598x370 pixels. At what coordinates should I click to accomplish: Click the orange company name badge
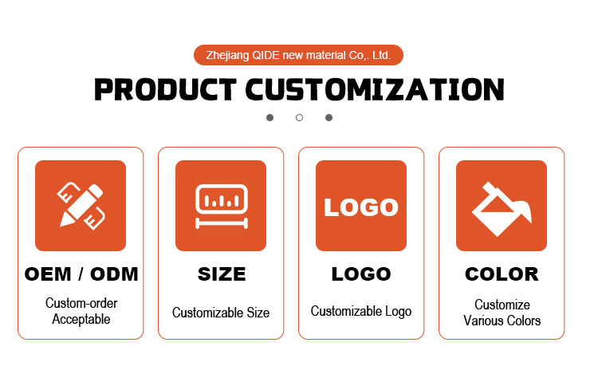[298, 55]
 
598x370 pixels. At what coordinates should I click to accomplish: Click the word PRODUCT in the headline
[165, 89]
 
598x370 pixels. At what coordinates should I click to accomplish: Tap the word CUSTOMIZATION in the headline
[375, 89]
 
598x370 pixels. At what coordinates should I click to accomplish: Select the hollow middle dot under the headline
[299, 117]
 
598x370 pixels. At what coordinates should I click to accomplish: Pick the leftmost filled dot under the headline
[269, 117]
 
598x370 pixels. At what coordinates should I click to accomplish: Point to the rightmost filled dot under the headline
[329, 117]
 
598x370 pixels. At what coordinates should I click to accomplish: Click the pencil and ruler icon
[81, 206]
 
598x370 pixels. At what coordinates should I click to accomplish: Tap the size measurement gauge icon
[222, 207]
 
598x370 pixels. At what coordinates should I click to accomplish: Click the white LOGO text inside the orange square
[360, 207]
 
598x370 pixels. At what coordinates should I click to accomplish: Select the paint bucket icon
[502, 209]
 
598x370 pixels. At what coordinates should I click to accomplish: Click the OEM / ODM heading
[81, 274]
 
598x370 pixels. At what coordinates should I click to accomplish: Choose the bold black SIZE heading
[222, 274]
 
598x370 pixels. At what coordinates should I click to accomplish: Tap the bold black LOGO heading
[361, 274]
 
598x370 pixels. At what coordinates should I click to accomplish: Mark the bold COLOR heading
[502, 274]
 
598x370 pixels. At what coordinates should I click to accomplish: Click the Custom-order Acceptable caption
[81, 311]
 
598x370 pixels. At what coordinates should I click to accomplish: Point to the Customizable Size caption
[221, 313]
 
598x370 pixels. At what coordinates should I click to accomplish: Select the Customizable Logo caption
[361, 311]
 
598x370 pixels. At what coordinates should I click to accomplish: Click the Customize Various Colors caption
[502, 313]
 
